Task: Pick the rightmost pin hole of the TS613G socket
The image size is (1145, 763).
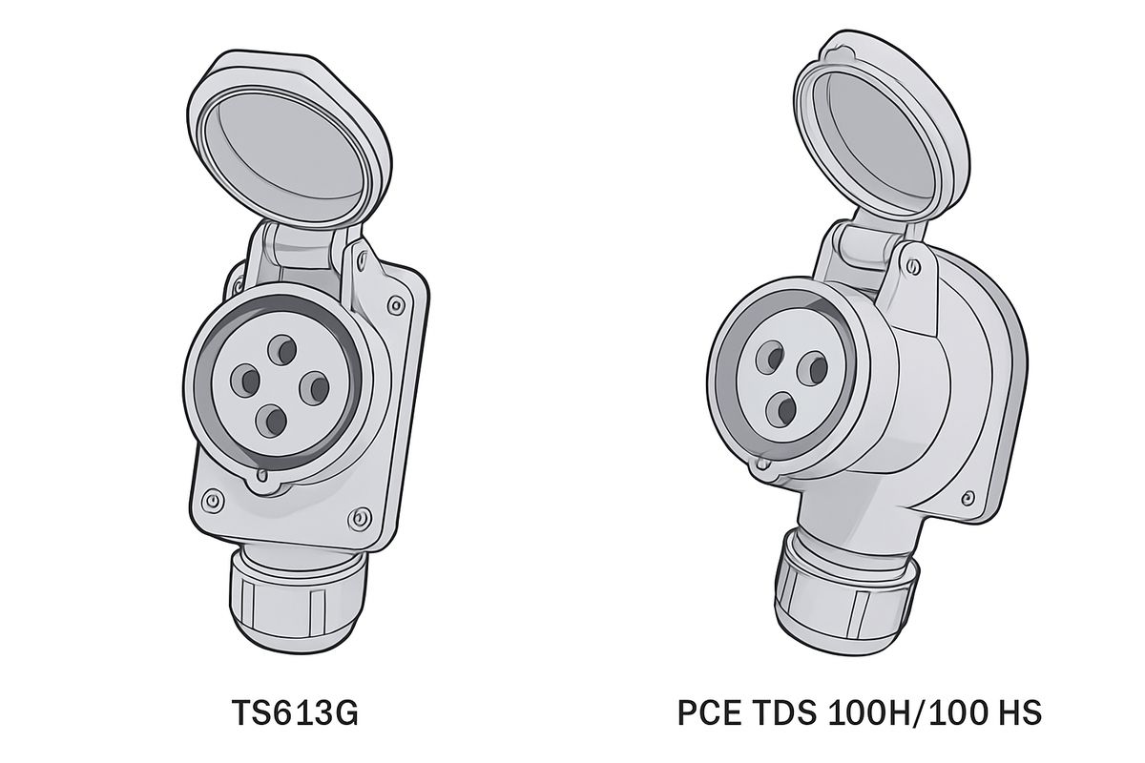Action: point(315,387)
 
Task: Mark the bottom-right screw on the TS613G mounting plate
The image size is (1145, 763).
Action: point(359,519)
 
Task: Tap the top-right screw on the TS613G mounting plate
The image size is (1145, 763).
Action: point(395,305)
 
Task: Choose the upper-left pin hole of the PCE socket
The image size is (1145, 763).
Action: point(770,358)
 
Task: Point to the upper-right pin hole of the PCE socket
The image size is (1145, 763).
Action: point(812,366)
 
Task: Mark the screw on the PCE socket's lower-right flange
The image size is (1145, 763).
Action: point(970,496)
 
